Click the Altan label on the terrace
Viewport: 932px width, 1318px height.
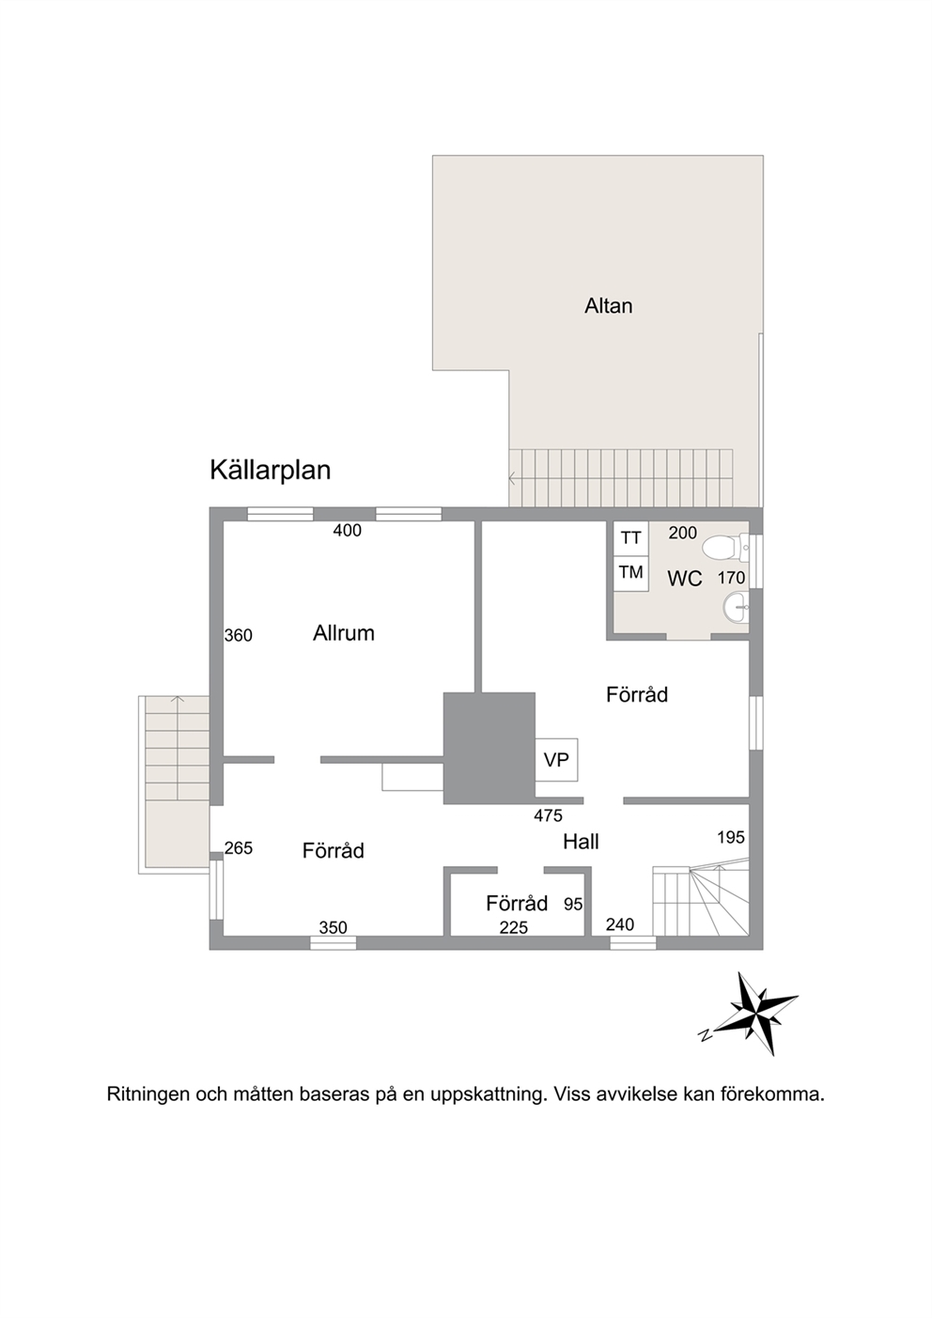pyautogui.click(x=608, y=306)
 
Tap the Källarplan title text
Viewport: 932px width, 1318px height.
pyautogui.click(x=270, y=471)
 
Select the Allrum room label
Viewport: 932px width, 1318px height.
pyautogui.click(x=344, y=633)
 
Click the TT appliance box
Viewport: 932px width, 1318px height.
pyautogui.click(x=630, y=537)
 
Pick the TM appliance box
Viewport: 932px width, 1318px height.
pyautogui.click(x=630, y=573)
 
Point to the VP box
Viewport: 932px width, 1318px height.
pyautogui.click(x=556, y=760)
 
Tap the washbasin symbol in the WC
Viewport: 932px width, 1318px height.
pyautogui.click(x=736, y=607)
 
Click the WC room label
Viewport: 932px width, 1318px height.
pyautogui.click(x=685, y=579)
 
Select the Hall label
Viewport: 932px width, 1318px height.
pyautogui.click(x=581, y=842)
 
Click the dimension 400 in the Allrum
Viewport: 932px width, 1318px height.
pyautogui.click(x=347, y=531)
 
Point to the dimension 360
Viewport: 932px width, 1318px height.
pyautogui.click(x=239, y=635)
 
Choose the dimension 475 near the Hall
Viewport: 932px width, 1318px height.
pyautogui.click(x=549, y=815)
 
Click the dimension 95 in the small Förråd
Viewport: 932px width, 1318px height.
pyautogui.click(x=573, y=904)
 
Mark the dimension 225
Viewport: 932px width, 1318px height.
pyautogui.click(x=514, y=928)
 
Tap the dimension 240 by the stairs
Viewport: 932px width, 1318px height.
pyautogui.click(x=620, y=925)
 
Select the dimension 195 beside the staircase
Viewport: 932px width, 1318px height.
pyautogui.click(x=731, y=837)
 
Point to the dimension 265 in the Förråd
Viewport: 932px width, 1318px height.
pyautogui.click(x=239, y=848)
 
